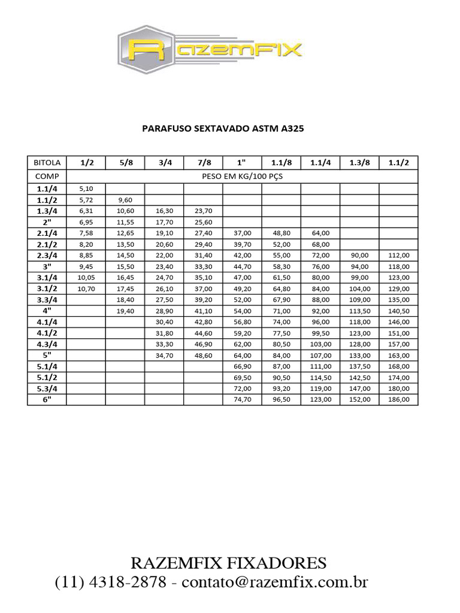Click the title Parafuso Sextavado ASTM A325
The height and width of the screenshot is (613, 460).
[x=219, y=128]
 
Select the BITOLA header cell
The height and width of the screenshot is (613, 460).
[x=47, y=163]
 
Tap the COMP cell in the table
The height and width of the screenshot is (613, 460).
[x=47, y=177]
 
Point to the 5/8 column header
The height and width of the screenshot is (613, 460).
[x=125, y=163]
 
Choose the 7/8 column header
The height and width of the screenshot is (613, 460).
[x=203, y=163]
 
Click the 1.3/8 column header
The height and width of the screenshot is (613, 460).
[x=359, y=163]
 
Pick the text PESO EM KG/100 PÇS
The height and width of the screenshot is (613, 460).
[x=243, y=177]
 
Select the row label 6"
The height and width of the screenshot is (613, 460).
[x=47, y=399]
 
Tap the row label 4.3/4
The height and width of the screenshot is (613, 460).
[x=47, y=344]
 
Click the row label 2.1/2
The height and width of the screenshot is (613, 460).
[x=47, y=244]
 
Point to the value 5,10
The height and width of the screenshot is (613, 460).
[x=86, y=189]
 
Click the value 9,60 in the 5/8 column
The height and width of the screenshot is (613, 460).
[x=125, y=200]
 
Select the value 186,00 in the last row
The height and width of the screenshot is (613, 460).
[x=398, y=399]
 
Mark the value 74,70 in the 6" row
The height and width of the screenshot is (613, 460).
[x=242, y=399]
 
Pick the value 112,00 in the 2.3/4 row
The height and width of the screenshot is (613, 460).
[x=398, y=255]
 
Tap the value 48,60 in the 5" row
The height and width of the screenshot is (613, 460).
[x=203, y=355]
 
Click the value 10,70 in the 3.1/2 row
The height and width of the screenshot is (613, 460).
[x=86, y=289]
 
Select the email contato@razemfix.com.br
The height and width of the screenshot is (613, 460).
[x=275, y=582]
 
